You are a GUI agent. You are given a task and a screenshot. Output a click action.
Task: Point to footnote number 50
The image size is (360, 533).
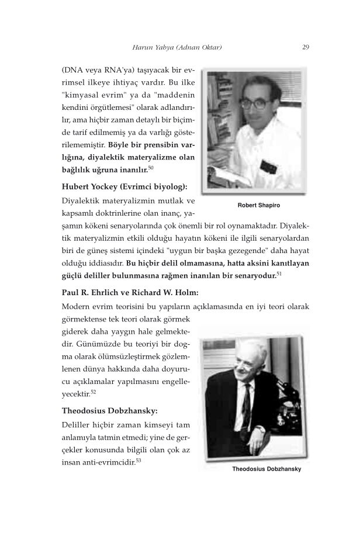coord(151,168)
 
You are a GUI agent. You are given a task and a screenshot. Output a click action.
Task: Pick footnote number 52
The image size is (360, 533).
coord(94,391)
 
